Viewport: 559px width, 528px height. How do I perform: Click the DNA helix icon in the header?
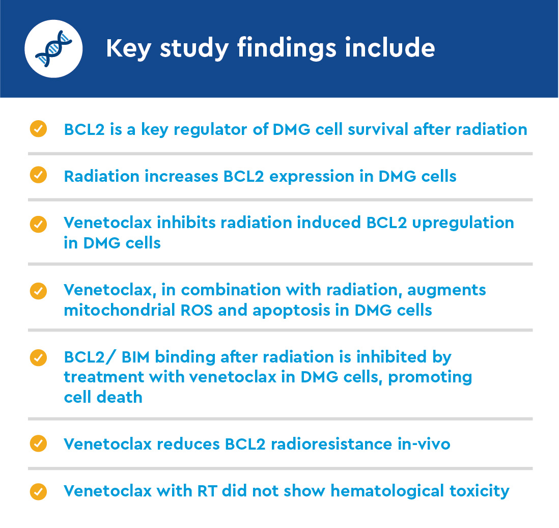click(x=53, y=49)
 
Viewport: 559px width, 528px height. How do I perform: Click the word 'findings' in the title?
click(x=287, y=48)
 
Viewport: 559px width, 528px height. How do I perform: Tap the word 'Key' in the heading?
click(x=129, y=48)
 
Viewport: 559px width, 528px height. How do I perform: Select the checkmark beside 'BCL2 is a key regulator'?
click(x=39, y=129)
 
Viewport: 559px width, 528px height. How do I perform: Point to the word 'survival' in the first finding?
click(x=378, y=129)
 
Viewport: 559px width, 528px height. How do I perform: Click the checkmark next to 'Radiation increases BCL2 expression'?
click(x=39, y=175)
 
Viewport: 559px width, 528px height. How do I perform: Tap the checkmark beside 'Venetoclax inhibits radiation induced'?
click(x=39, y=224)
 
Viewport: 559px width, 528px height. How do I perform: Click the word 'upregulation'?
click(x=463, y=223)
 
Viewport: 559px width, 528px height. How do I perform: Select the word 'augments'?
click(x=446, y=290)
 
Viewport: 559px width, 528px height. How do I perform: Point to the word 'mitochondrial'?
click(x=120, y=310)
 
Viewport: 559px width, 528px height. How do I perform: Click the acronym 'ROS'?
click(x=197, y=310)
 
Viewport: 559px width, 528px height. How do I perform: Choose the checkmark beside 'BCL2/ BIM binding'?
click(x=39, y=357)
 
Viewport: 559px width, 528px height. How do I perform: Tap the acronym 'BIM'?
click(x=135, y=357)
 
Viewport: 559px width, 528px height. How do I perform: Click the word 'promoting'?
click(x=430, y=378)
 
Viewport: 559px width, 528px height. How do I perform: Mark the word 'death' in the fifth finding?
click(x=120, y=397)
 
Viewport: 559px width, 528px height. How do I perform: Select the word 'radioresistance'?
click(x=331, y=444)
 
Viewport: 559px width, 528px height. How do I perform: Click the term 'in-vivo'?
click(x=424, y=444)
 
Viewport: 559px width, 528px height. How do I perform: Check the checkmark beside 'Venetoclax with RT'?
click(x=39, y=492)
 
